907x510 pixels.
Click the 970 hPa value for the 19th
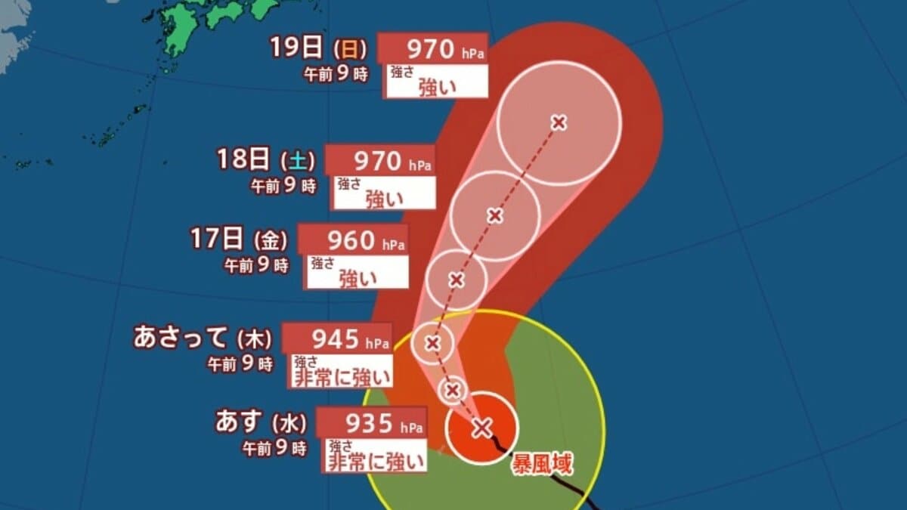pyautogui.click(x=429, y=50)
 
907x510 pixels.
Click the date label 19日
pyautogui.click(x=296, y=49)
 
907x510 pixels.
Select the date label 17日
pyautogui.click(x=218, y=240)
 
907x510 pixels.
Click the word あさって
pyautogui.click(x=181, y=338)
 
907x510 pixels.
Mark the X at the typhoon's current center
pyautogui.click(x=481, y=428)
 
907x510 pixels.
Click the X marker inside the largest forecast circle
pyautogui.click(x=559, y=122)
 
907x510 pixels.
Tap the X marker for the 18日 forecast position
pyautogui.click(x=495, y=216)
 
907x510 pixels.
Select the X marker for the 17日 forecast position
pyautogui.click(x=456, y=280)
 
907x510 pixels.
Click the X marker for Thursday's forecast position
pyautogui.click(x=432, y=344)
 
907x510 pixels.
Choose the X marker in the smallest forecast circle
pyautogui.click(x=452, y=390)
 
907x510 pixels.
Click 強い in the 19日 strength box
pyautogui.click(x=438, y=87)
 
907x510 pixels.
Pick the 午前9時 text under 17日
pyautogui.click(x=257, y=265)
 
